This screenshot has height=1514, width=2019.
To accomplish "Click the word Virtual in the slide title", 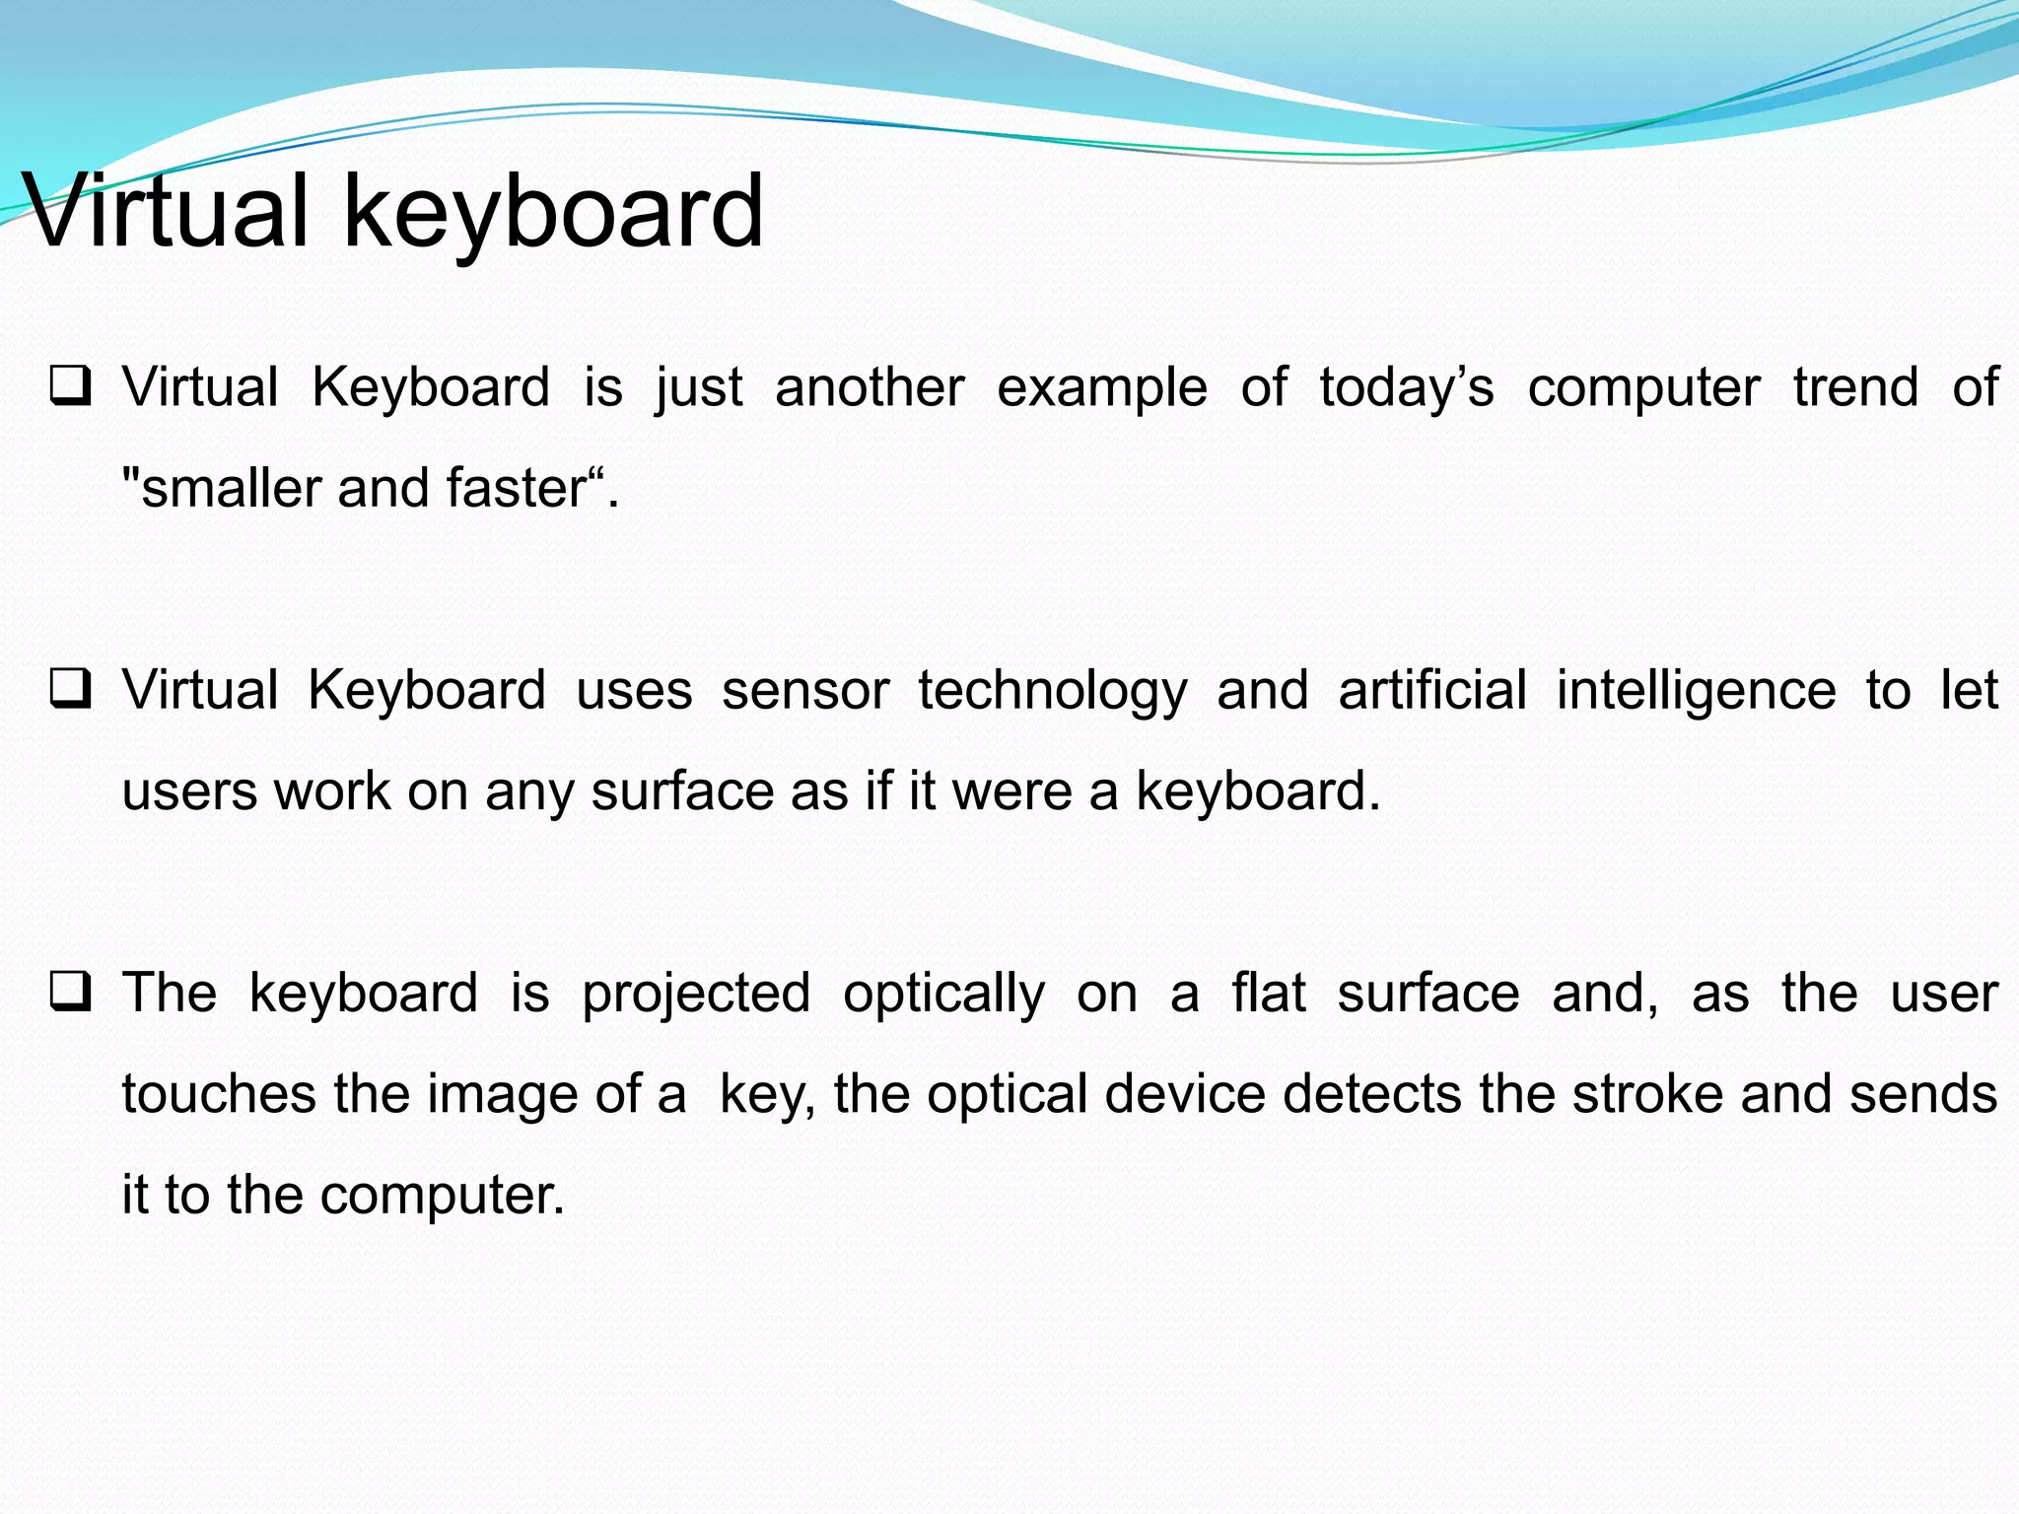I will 166,211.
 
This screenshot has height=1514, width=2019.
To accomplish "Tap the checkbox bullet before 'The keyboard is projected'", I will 71,992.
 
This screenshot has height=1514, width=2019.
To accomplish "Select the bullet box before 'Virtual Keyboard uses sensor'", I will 71,689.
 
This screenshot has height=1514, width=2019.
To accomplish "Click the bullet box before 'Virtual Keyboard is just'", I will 71,386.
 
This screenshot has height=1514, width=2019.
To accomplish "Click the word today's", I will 1406,387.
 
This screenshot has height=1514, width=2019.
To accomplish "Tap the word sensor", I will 805,690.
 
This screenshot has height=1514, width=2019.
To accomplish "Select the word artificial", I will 1432,690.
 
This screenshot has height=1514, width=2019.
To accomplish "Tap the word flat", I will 1269,992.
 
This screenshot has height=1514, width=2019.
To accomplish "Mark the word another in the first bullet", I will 870,387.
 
